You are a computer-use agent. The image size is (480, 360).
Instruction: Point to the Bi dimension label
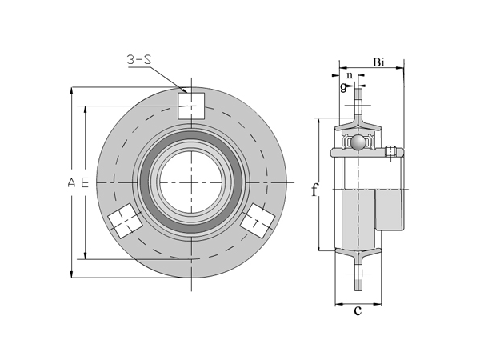point(379,62)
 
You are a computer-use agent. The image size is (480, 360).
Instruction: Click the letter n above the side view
point(349,74)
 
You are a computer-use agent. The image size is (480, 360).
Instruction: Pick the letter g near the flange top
point(343,87)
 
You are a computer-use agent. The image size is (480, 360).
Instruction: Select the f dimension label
point(314,190)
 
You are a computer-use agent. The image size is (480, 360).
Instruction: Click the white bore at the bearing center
point(192,182)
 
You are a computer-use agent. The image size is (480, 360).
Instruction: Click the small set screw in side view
point(391,151)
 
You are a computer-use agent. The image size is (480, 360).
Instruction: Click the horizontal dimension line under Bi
point(372,68)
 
